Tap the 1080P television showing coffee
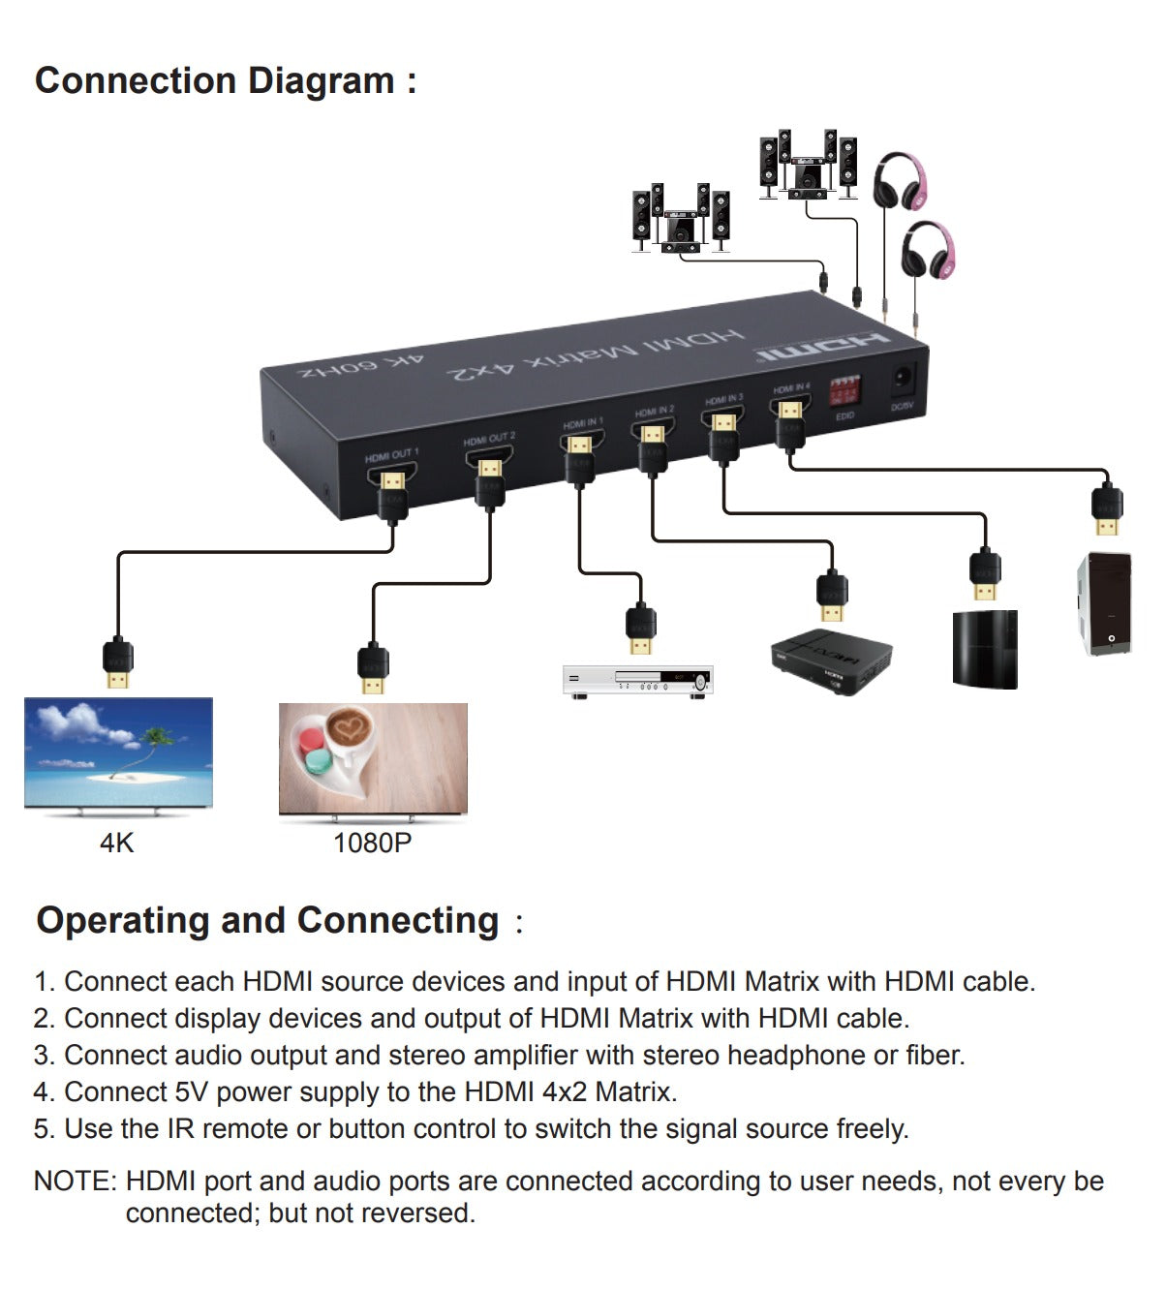pyautogui.click(x=373, y=758)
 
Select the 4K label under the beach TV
pyautogui.click(x=117, y=843)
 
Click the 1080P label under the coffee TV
pyautogui.click(x=372, y=843)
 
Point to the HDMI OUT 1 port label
pyautogui.click(x=391, y=455)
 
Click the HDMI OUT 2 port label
pyautogui.click(x=489, y=439)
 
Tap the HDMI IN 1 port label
pyautogui.click(x=582, y=422)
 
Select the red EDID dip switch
pyautogui.click(x=844, y=389)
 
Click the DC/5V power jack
pyautogui.click(x=903, y=378)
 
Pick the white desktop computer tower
pyautogui.click(x=1105, y=603)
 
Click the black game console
pyautogui.click(x=985, y=649)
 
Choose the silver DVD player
pyautogui.click(x=638, y=680)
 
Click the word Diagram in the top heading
pyautogui.click(x=320, y=80)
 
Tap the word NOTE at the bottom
pyautogui.click(x=74, y=1182)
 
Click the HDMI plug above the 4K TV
pyautogui.click(x=118, y=663)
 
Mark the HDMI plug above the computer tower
pyautogui.click(x=1106, y=508)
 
